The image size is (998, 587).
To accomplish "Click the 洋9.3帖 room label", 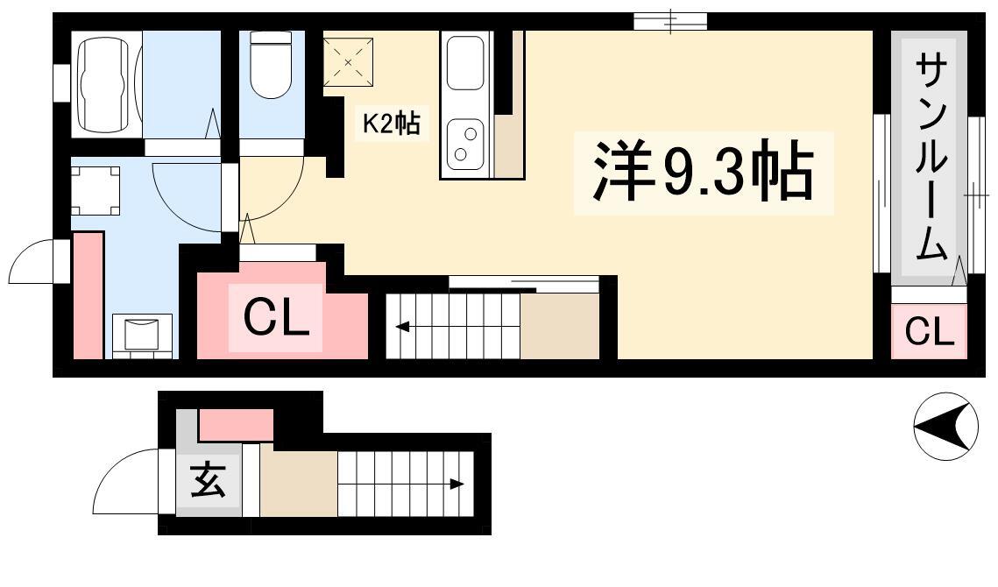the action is (x=704, y=172).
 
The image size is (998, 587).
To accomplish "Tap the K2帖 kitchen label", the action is (x=391, y=123).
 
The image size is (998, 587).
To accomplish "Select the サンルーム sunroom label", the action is (x=931, y=157).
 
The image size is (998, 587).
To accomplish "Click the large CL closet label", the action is (x=276, y=318).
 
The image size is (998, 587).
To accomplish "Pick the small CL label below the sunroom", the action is (x=930, y=331).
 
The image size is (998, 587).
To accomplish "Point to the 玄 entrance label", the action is (x=209, y=480).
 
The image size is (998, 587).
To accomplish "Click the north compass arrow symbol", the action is (x=945, y=426).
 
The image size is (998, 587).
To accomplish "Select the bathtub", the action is (x=107, y=85).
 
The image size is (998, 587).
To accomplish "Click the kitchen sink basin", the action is (x=465, y=63).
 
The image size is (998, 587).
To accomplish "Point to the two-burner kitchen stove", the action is (x=465, y=144).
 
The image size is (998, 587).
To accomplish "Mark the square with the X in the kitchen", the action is (x=348, y=61).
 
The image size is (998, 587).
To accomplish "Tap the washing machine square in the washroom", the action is (x=95, y=190).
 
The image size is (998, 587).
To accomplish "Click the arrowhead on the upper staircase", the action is (x=402, y=328).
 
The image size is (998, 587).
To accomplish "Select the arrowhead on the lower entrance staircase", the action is (x=457, y=484).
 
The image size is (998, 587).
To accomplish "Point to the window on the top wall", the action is (x=670, y=21).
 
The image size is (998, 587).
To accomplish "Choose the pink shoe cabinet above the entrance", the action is (x=236, y=425).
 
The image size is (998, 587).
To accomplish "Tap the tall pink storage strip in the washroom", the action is (x=88, y=295).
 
